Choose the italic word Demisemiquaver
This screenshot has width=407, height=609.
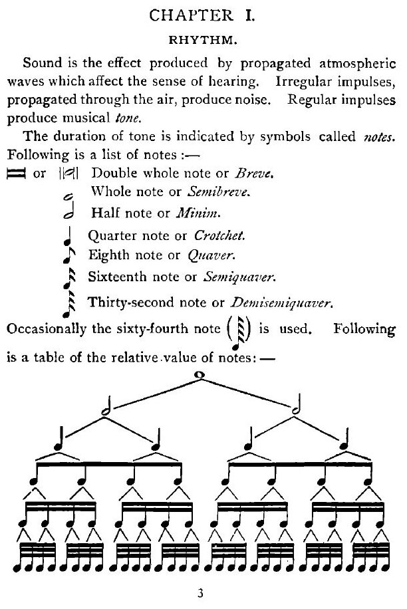pyautogui.click(x=280, y=304)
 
